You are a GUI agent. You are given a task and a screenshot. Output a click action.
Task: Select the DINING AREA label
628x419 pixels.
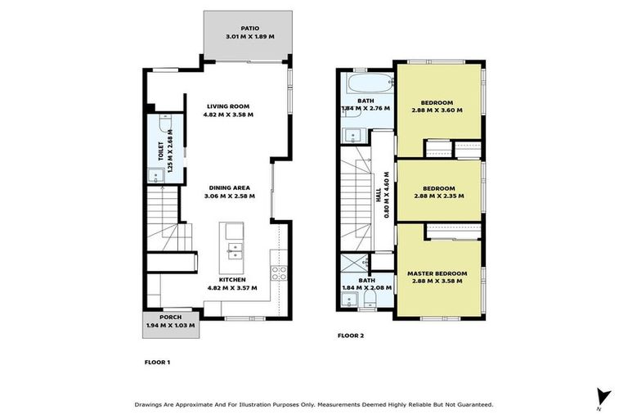pos(230,187)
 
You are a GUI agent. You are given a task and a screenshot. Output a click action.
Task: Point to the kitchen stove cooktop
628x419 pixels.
pos(279,274)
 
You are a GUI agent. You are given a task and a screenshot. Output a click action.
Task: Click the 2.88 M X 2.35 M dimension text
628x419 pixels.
pos(437,196)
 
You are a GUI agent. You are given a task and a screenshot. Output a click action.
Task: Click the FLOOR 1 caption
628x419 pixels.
pos(157,361)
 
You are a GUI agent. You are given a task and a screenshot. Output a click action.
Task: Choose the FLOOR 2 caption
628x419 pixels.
pos(352,336)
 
